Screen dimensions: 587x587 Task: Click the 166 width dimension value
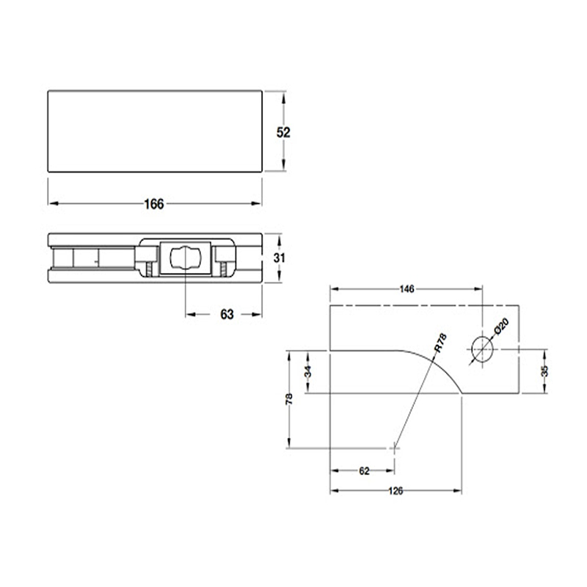[x=153, y=203]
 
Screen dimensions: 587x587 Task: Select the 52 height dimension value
[x=283, y=133]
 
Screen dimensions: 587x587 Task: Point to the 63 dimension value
[x=226, y=315]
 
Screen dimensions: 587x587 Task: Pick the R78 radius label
[x=440, y=342]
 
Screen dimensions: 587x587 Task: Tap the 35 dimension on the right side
[x=543, y=371]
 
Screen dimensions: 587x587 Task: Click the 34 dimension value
[x=308, y=372]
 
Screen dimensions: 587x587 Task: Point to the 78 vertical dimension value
[x=290, y=399]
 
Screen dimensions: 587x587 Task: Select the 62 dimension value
[x=363, y=471]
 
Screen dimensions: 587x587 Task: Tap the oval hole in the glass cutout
[x=481, y=350]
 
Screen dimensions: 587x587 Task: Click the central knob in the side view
[x=186, y=258]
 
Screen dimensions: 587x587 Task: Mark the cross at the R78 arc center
[x=395, y=446]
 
